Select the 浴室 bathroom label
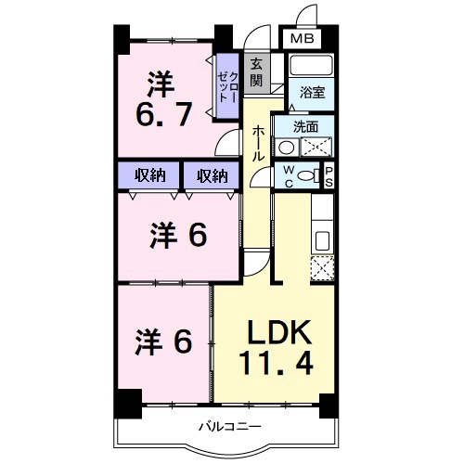click(310, 93)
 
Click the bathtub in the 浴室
click(311, 67)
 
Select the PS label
click(328, 175)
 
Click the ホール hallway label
click(258, 143)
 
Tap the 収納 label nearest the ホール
click(211, 174)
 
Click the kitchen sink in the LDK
click(322, 239)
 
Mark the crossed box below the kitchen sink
click(322, 267)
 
